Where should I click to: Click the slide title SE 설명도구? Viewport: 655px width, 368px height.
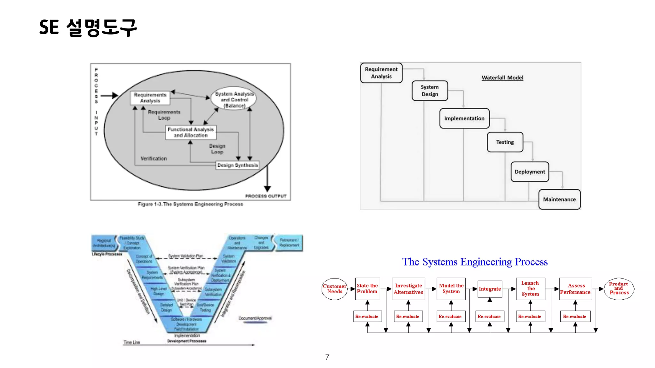88,27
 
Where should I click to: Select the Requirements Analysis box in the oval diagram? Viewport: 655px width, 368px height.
150,98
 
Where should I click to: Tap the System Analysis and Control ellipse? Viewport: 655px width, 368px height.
234,99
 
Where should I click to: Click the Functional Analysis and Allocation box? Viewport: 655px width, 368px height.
191,132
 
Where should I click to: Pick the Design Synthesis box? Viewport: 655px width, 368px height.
237,165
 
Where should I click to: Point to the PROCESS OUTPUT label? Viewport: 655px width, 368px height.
265,196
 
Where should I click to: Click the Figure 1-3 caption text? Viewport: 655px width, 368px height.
190,204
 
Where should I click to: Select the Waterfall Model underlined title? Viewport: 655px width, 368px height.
502,78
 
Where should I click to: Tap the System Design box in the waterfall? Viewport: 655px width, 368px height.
430,91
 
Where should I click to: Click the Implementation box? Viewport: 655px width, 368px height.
464,119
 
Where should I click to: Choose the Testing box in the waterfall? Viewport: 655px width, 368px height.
505,142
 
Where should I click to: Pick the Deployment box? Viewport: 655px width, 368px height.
530,172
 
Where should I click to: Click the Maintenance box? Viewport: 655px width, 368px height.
559,199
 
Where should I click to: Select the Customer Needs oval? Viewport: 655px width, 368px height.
335,289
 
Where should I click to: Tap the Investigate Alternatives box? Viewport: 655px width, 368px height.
408,289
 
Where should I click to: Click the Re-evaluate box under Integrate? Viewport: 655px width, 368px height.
489,317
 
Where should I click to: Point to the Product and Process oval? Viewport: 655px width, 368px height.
619,288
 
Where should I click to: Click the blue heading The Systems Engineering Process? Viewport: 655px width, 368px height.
475,262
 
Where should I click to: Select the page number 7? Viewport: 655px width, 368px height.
327,357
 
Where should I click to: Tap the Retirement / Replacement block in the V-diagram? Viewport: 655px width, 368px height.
289,243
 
